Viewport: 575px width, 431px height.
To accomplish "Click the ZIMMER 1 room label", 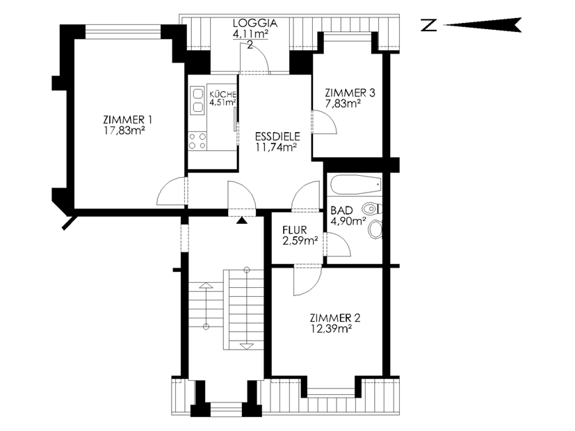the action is (128, 120).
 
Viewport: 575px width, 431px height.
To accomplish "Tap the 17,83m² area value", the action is (124, 131).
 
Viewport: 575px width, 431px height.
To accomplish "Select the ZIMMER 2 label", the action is (335, 318).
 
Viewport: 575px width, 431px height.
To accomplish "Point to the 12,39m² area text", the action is (332, 329).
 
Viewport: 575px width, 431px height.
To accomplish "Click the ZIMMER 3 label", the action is (350, 92).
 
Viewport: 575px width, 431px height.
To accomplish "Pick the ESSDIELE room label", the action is (277, 137).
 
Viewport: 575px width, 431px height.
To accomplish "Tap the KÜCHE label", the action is (222, 94).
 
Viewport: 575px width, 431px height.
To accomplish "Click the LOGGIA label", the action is (255, 23).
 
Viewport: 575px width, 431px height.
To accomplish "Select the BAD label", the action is (342, 211).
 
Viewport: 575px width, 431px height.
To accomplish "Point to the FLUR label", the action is (295, 230).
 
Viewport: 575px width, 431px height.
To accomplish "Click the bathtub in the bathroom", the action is (356, 185).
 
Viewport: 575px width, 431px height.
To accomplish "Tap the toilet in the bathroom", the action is (371, 209).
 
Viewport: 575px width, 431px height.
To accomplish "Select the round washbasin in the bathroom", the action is (375, 230).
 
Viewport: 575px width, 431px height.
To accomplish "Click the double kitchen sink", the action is (197, 100).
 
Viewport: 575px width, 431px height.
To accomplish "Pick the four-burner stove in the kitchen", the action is (197, 141).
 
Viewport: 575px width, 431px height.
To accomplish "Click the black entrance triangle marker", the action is (241, 220).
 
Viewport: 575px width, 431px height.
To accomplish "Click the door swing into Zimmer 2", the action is (315, 285).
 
